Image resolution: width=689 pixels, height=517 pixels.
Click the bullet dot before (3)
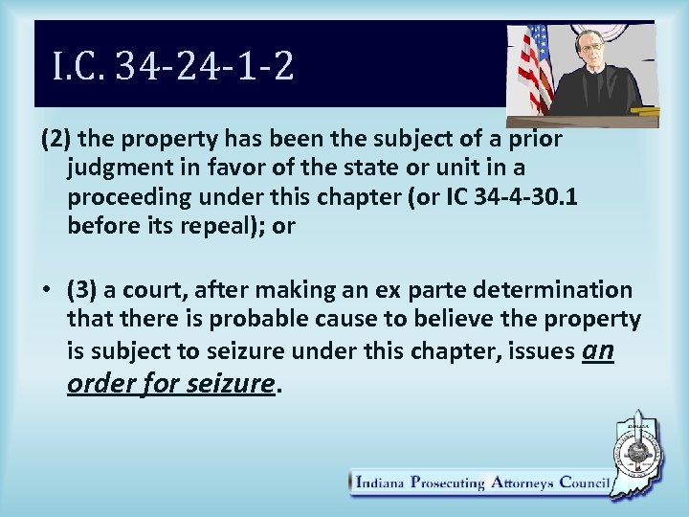[47, 290]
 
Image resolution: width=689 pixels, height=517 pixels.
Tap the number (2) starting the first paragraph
[56, 139]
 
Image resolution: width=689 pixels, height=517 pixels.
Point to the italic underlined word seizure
[233, 383]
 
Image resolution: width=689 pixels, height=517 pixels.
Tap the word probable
[226, 318]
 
